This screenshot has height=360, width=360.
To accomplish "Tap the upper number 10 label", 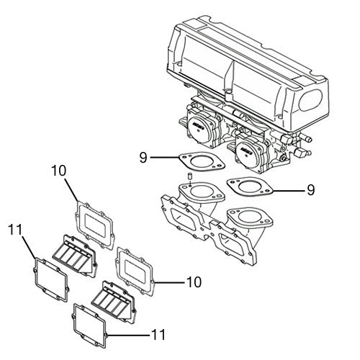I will [x=59, y=171].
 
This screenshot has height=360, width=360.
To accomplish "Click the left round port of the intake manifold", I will [x=199, y=196].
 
